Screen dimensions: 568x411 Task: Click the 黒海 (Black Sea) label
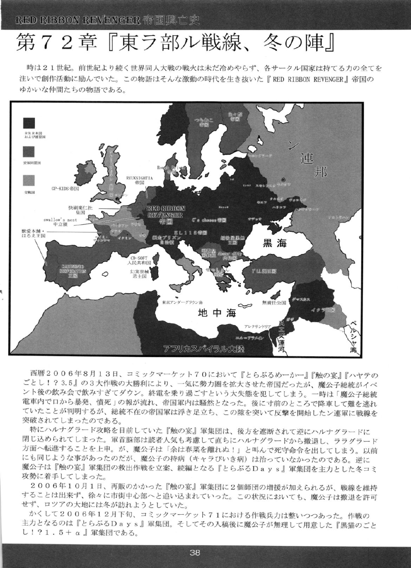pyautogui.click(x=275, y=243)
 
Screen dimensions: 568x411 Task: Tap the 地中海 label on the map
pyautogui.click(x=217, y=313)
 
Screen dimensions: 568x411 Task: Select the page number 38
pyautogui.click(x=195, y=552)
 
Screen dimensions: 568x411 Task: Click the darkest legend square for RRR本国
pyautogui.click(x=29, y=123)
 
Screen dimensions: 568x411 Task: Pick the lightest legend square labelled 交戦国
pyautogui.click(x=29, y=179)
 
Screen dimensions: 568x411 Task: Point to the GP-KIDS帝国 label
pyautogui.click(x=65, y=189)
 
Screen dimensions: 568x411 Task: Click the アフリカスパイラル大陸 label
pyautogui.click(x=203, y=349)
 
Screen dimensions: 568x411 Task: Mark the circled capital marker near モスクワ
pyautogui.click(x=283, y=180)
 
